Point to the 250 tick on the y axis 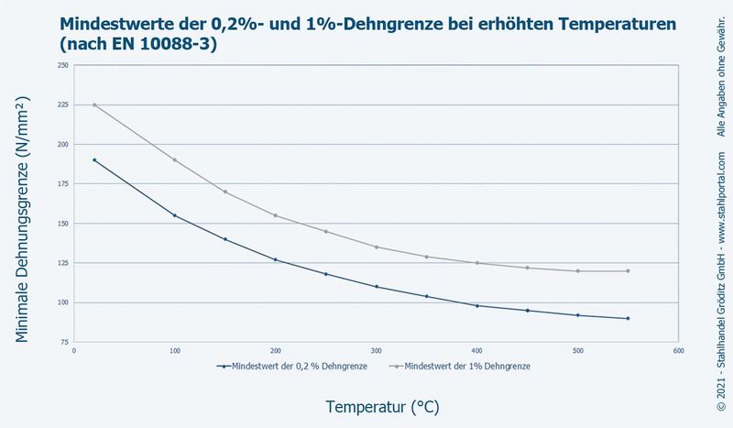coord(62,65)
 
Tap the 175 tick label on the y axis coord(62,184)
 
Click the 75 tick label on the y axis coord(64,342)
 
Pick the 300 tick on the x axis coord(376,350)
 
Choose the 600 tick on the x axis coord(678,350)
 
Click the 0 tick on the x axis coord(74,350)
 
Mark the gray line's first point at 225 coord(94,104)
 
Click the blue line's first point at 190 coord(94,160)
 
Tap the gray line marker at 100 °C coord(174,160)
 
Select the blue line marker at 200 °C coord(275,259)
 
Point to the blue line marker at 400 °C coord(476,305)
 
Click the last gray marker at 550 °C coord(628,270)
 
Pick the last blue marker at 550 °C coord(628,318)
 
